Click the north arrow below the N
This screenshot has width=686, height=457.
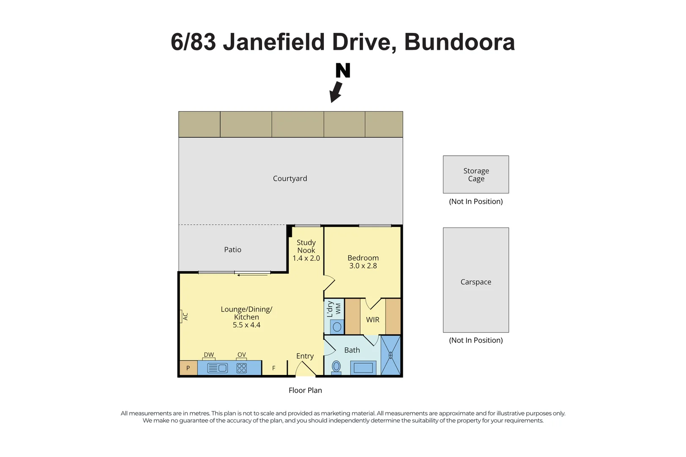point(336,92)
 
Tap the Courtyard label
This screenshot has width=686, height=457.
point(290,179)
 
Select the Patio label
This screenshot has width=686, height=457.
point(232,250)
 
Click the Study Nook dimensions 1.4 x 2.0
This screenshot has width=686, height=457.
point(306,258)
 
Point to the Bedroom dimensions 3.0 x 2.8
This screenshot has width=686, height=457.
point(363,266)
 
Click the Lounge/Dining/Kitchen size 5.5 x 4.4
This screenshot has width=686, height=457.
point(246,325)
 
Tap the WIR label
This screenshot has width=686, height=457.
point(372,319)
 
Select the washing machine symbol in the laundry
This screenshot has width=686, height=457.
point(337,327)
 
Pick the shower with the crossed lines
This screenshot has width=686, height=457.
point(391,355)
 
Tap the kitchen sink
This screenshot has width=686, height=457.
point(217,368)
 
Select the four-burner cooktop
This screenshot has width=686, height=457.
point(241,368)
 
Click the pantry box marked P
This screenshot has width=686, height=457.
point(188,368)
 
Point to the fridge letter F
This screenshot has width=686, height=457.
point(273,368)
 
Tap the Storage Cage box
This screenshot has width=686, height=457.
point(476,174)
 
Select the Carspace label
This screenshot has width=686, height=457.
point(476,282)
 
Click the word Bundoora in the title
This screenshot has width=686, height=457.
point(459,42)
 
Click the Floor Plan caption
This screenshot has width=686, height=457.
point(305,390)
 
